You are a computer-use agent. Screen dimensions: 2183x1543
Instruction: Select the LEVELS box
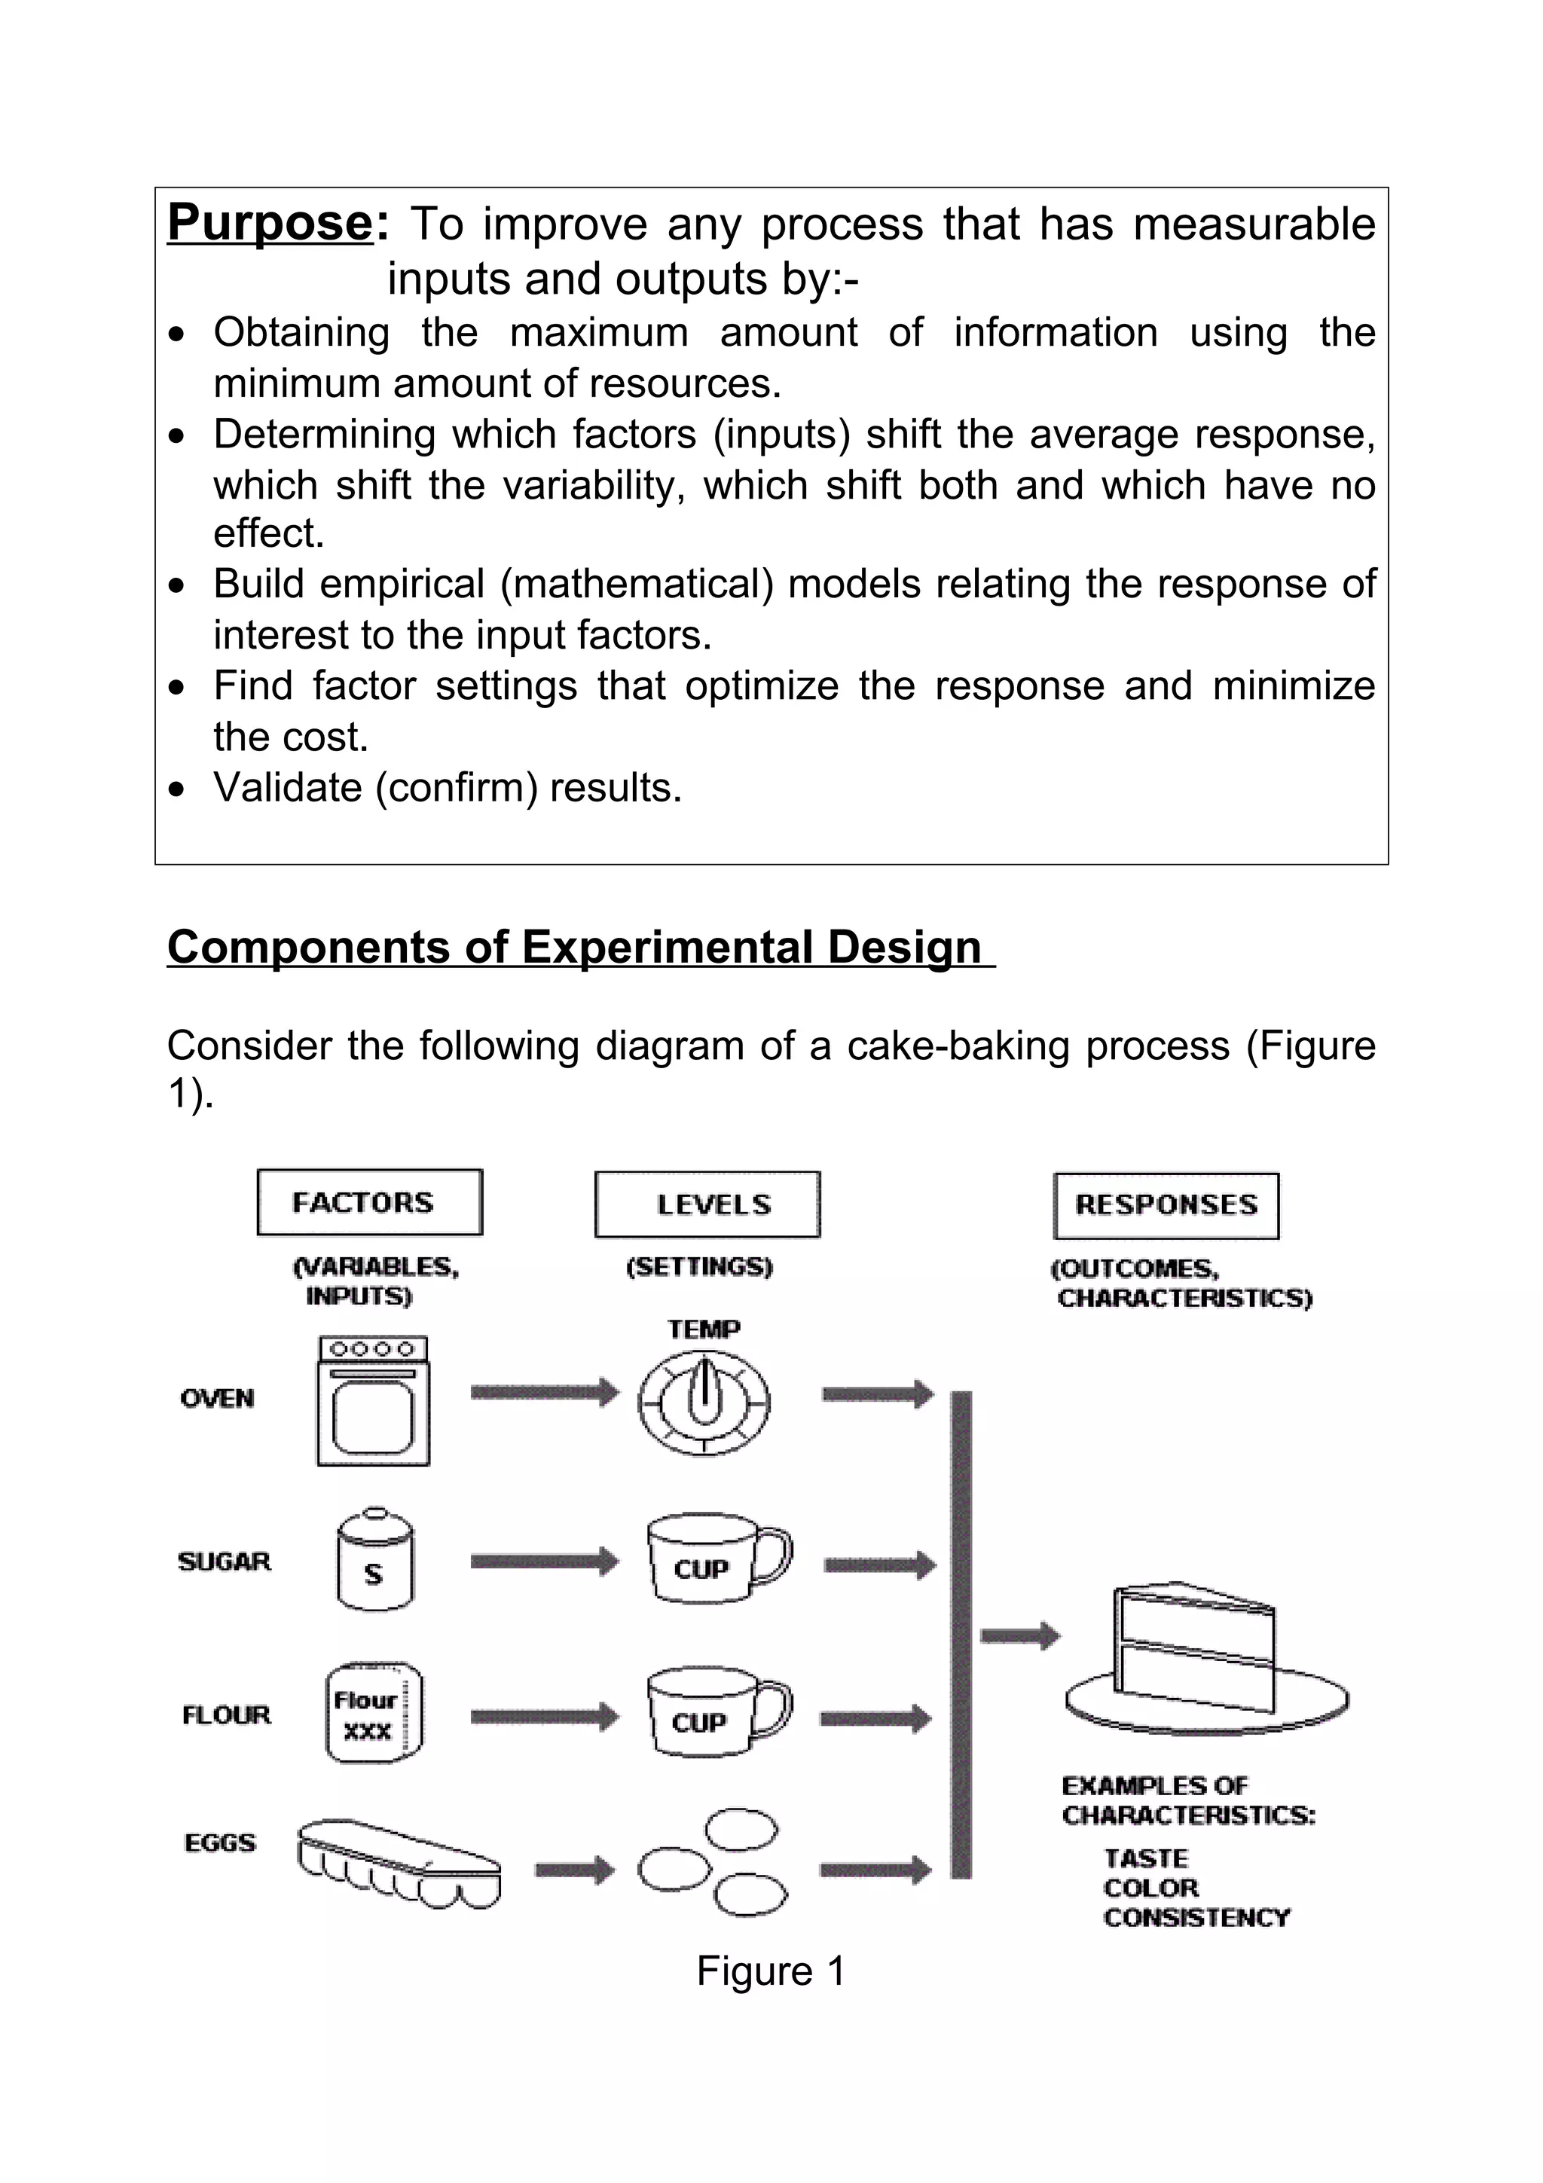707,1204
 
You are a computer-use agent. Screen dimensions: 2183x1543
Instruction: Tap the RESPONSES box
1166,1205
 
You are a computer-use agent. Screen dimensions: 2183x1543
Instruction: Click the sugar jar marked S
374,1560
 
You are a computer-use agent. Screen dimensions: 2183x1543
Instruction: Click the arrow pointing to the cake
1019,1635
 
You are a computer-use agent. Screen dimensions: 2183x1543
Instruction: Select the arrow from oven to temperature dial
544,1393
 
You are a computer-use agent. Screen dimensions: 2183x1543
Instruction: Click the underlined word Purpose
270,224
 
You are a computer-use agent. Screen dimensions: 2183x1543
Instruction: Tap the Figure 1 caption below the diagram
770,1971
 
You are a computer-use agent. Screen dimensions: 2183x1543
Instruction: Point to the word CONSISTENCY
1196,1917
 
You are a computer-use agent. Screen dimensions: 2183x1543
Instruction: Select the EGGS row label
219,1843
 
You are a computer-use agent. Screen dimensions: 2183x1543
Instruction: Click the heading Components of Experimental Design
574,947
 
